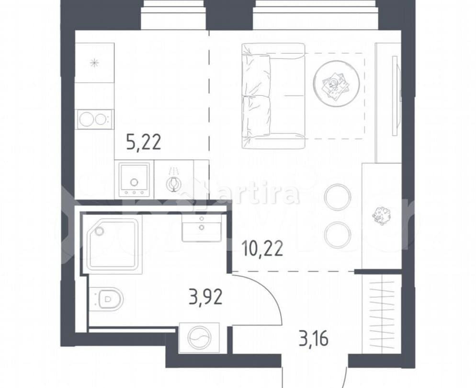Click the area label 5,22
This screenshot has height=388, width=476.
143,142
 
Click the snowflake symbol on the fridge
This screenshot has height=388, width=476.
94,62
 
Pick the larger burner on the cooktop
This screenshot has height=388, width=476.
86,119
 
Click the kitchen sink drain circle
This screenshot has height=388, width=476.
134,183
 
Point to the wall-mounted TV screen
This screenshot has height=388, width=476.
394,96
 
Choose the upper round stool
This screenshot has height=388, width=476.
338,197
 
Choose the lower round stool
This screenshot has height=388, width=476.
338,235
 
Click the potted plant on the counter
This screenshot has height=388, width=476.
382,216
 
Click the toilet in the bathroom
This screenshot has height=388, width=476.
106,299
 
